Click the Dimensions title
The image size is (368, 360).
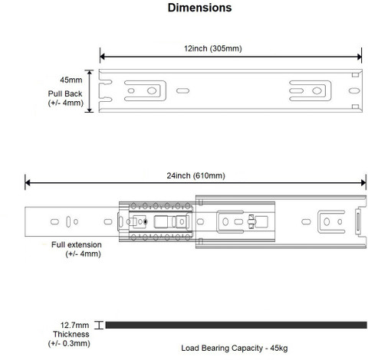click(199, 8)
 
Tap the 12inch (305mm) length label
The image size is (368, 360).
click(213, 48)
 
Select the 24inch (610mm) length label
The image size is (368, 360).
click(195, 175)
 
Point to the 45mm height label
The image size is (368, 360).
click(71, 80)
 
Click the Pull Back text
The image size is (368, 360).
click(65, 93)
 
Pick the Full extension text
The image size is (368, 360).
click(77, 244)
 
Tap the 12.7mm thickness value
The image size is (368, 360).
click(74, 325)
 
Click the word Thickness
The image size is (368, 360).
click(71, 334)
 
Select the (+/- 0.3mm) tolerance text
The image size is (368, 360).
click(69, 343)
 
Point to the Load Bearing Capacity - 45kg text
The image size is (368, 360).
click(235, 348)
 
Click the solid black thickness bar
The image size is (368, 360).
click(236, 325)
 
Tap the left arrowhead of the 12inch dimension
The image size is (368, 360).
click(102, 57)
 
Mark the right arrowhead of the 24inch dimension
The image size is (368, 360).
click(363, 183)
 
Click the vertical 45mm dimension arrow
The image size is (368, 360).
click(89, 91)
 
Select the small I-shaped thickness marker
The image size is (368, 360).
click(99, 325)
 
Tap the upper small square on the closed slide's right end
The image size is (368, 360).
click(355, 74)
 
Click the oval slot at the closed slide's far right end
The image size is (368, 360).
click(354, 90)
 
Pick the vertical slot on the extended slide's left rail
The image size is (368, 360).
click(68, 221)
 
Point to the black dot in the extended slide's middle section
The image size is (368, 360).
click(146, 222)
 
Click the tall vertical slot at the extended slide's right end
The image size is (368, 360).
click(358, 221)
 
